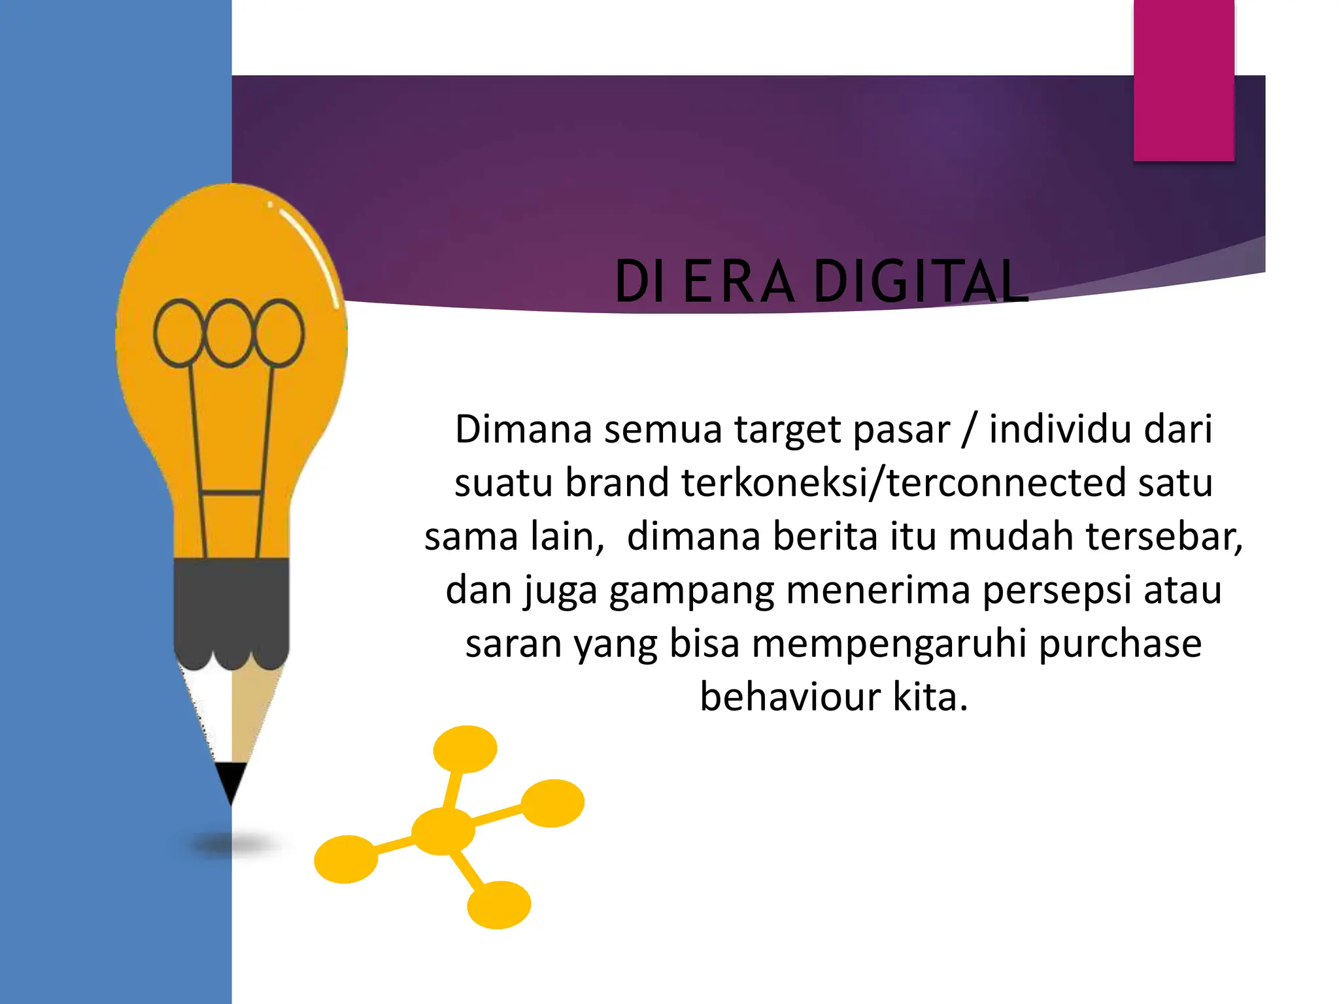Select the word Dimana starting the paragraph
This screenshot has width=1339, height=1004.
(523, 429)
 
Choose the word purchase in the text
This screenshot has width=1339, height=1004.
(1119, 644)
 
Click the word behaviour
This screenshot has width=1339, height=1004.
(790, 697)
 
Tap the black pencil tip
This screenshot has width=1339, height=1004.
(230, 781)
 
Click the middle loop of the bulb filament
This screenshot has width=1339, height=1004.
(228, 333)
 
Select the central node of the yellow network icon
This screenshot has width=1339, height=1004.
(443, 831)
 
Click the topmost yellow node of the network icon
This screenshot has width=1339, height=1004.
(465, 749)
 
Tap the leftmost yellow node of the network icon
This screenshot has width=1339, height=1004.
(346, 859)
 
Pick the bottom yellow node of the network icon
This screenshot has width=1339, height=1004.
(499, 905)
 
